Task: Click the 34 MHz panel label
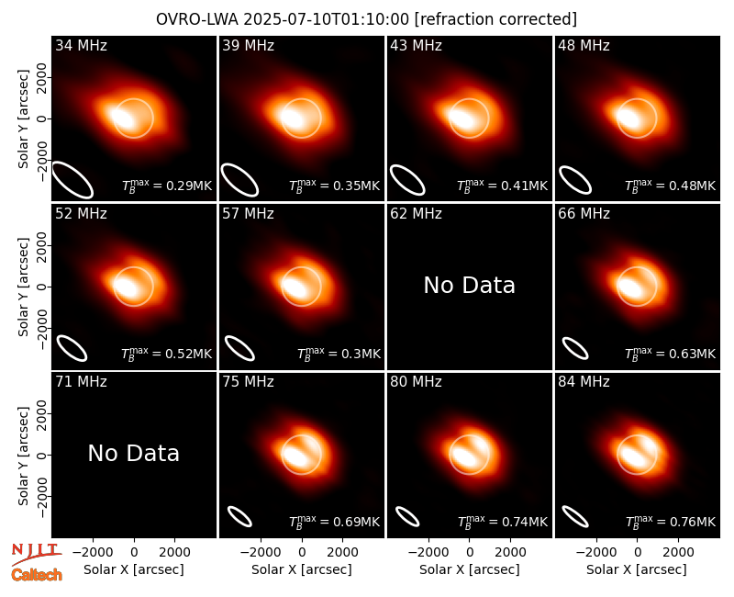tap(81, 45)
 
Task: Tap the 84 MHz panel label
tap(584, 382)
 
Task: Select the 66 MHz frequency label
tap(584, 214)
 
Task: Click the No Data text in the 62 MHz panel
tap(469, 285)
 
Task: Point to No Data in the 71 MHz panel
tap(133, 453)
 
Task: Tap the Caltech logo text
tap(37, 575)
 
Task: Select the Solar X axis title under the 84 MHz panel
tap(637, 569)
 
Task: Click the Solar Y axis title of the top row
tap(24, 119)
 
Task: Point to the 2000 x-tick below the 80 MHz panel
tap(510, 553)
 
